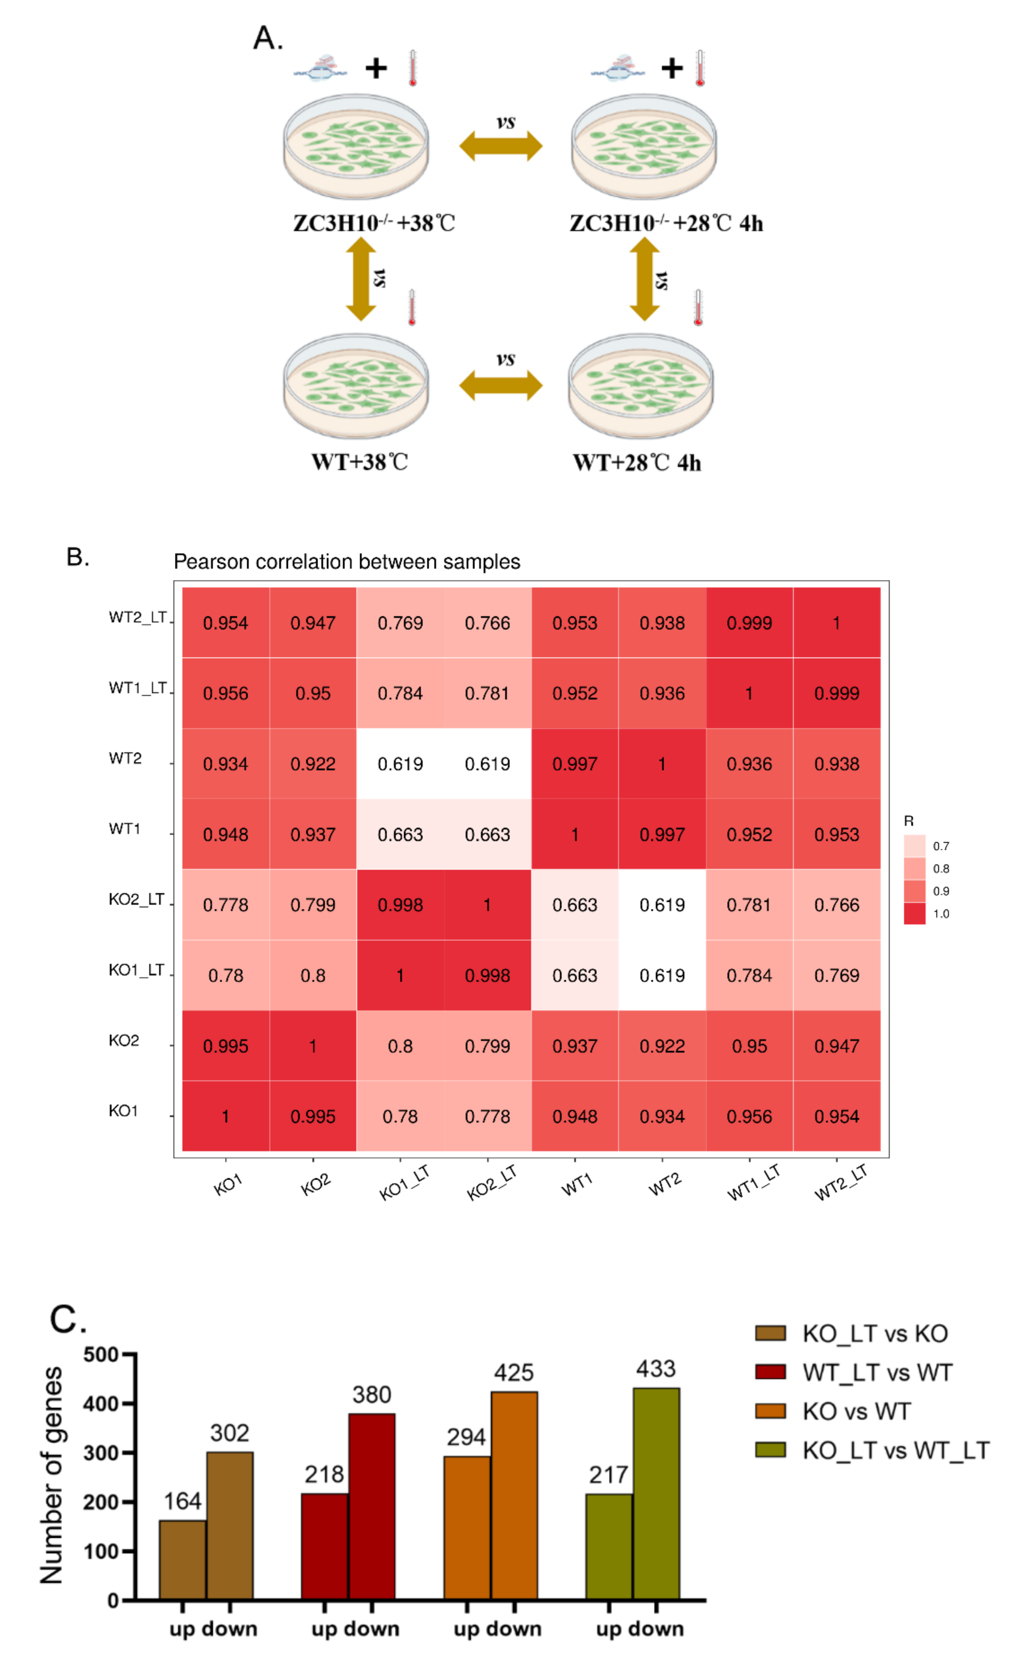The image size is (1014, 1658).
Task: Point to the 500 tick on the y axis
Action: (101, 1354)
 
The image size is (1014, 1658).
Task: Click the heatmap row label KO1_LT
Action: (136, 970)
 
